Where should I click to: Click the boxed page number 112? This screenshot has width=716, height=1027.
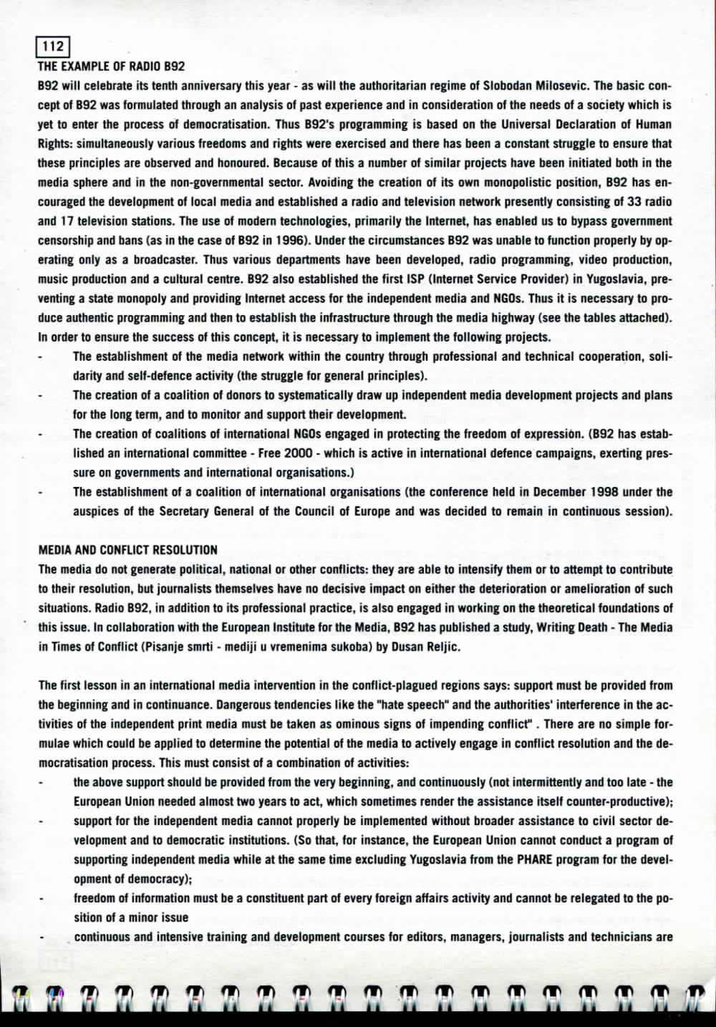53,47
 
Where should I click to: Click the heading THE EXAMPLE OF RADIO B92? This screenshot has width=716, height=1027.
111,67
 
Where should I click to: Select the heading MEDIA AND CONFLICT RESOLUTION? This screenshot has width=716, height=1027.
127,550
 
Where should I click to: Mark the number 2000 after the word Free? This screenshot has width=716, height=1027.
298,453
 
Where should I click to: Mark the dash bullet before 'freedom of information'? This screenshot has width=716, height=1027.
41,898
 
